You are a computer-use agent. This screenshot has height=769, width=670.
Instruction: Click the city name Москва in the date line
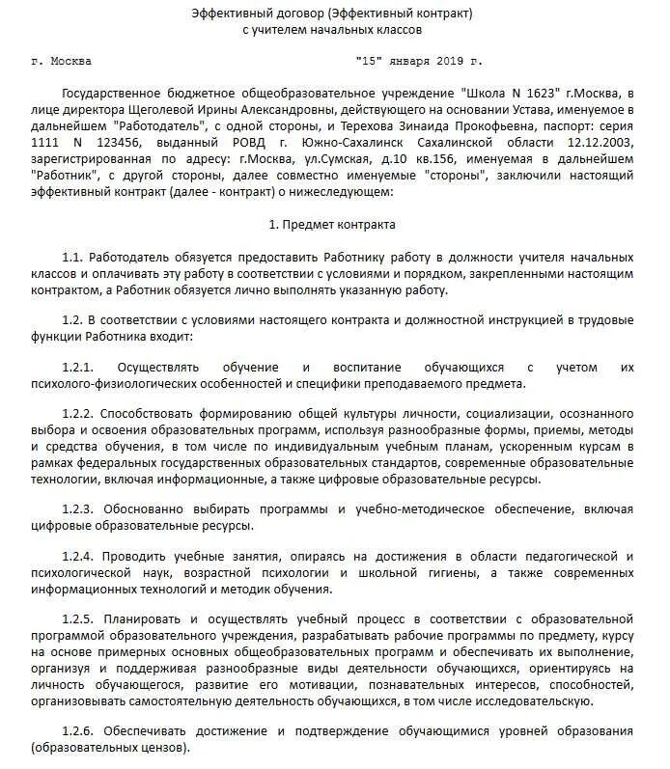point(74,61)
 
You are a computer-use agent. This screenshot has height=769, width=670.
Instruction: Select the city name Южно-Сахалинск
point(367,143)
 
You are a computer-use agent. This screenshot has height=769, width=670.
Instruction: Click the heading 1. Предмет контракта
point(333,225)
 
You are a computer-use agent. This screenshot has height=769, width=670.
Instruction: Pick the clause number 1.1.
point(71,259)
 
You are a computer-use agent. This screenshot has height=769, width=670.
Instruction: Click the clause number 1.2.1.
point(76,368)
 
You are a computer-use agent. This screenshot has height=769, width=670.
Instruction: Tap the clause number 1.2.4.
point(76,557)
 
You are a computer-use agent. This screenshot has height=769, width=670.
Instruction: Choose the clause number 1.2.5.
point(76,618)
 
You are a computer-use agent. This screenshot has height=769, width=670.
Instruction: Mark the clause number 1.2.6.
point(76,732)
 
